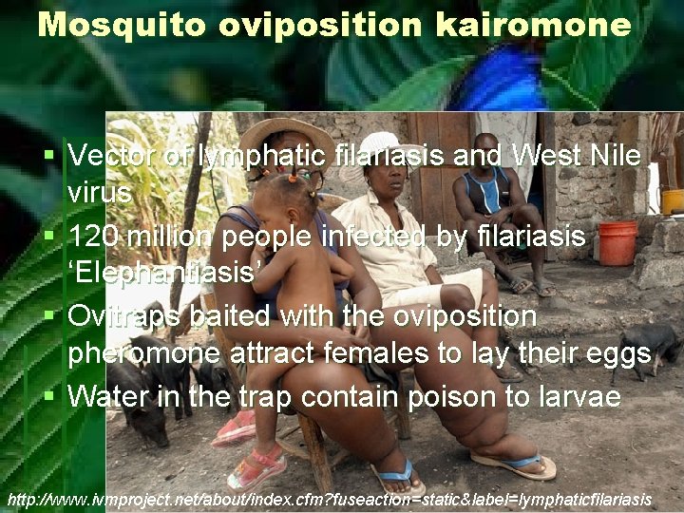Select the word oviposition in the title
click(x=322, y=24)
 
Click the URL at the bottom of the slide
click(x=329, y=499)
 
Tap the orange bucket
click(x=617, y=243)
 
